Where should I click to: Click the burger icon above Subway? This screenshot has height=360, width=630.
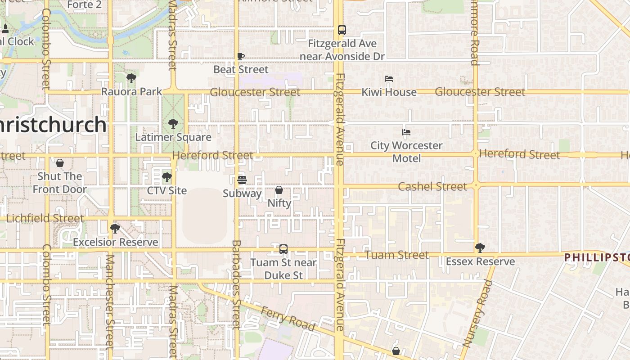pyautogui.click(x=242, y=180)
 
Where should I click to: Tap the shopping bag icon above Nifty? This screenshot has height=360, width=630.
pyautogui.click(x=279, y=190)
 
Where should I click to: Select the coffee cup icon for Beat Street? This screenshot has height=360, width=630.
pyautogui.click(x=241, y=56)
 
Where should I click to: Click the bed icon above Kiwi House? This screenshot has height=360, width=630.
pyautogui.click(x=389, y=79)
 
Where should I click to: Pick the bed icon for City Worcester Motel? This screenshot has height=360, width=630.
pyautogui.click(x=406, y=132)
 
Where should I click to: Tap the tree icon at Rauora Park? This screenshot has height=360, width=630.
pyautogui.click(x=131, y=78)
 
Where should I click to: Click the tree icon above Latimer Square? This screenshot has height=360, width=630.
pyautogui.click(x=173, y=124)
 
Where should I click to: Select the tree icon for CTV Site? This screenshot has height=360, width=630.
pyautogui.click(x=167, y=177)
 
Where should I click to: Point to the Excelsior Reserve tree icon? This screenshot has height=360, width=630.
pyautogui.click(x=115, y=228)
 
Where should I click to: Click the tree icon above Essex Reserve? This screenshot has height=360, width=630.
pyautogui.click(x=480, y=247)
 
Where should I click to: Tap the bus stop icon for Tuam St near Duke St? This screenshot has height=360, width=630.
pyautogui.click(x=283, y=249)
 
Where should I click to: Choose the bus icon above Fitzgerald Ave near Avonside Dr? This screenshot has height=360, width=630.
pyautogui.click(x=342, y=30)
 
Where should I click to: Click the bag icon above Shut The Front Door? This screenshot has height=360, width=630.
pyautogui.click(x=59, y=163)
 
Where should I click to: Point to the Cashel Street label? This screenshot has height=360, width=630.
pyautogui.click(x=432, y=186)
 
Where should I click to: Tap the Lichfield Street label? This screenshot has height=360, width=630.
pyautogui.click(x=45, y=218)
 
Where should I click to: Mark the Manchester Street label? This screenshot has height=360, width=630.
pyautogui.click(x=110, y=301)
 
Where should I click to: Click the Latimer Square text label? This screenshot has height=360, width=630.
pyautogui.click(x=173, y=137)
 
